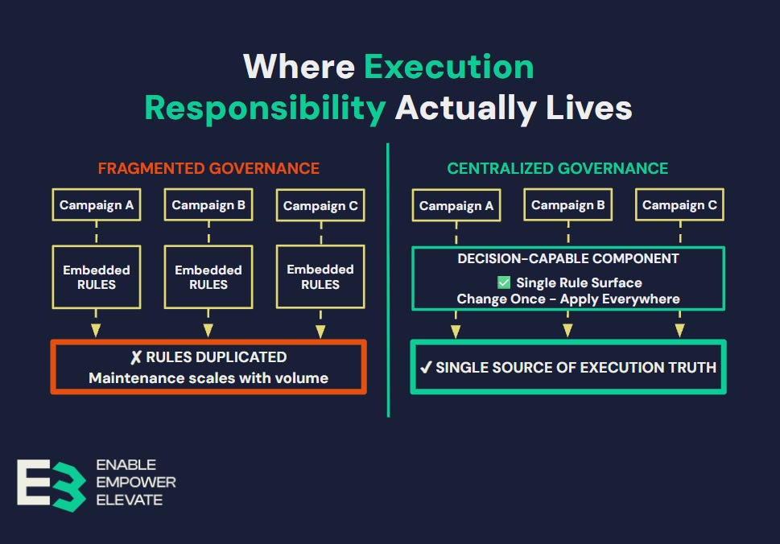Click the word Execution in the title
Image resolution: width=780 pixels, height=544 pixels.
coord(448,67)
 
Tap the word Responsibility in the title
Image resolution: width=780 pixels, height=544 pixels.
coord(265,108)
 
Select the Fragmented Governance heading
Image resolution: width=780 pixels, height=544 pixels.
coord(208,168)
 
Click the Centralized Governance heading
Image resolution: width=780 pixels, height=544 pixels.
coord(558,168)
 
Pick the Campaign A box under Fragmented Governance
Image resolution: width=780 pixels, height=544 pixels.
coord(97,205)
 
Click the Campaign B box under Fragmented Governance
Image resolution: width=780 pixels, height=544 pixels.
coord(208,205)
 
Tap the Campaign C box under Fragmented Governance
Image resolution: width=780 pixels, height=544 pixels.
coord(320,206)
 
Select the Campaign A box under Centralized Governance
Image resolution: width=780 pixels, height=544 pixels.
coord(456,206)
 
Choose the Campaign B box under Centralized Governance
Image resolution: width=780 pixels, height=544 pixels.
coord(567,205)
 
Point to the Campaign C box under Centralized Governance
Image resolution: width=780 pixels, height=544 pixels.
coord(679,205)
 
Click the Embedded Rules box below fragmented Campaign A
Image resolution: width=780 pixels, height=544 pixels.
coord(97,278)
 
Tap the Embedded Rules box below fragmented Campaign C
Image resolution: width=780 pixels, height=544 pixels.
coord(320,277)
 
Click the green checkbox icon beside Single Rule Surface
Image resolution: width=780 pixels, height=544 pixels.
coord(504,282)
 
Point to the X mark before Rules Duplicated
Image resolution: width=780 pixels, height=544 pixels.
coord(136,357)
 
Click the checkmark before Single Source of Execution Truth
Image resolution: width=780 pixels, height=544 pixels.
coord(426,368)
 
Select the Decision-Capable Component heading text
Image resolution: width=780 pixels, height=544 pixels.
coord(568,259)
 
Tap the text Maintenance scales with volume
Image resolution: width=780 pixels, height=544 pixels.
coord(208,377)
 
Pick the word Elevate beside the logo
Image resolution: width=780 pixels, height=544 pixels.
coord(129,500)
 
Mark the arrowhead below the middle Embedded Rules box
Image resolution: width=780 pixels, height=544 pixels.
coord(208,330)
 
